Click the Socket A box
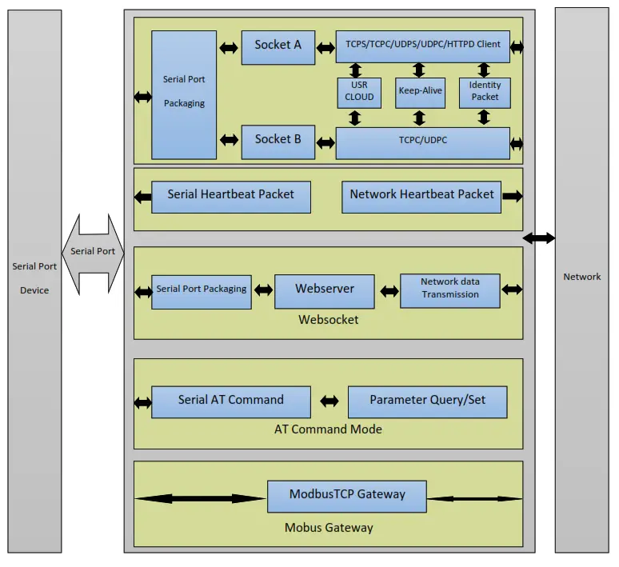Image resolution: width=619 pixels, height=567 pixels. [278, 46]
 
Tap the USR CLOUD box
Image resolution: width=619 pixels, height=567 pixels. [359, 92]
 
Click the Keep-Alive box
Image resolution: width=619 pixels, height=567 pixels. [421, 92]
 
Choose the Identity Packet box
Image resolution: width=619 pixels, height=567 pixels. [485, 92]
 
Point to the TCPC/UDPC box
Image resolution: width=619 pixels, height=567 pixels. [422, 142]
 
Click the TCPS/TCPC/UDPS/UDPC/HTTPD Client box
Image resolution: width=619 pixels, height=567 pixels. [422, 46]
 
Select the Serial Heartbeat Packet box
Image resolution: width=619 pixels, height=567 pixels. [230, 195]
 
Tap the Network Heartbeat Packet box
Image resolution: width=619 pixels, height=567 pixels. [421, 195]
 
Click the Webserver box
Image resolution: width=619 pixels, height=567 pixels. [324, 290]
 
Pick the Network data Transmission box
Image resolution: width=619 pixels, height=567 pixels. [449, 289]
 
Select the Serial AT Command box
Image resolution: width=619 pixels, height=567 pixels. [230, 401]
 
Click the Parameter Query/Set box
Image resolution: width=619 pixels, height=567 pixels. [427, 401]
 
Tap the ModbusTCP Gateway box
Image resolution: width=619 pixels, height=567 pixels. [346, 496]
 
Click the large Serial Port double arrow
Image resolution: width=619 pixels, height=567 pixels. [93, 252]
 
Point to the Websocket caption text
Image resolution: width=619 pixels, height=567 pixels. [328, 320]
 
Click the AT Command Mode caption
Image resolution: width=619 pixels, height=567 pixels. [328, 429]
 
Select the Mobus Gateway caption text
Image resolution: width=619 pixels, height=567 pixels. [328, 528]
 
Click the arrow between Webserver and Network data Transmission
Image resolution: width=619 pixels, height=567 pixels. [389, 291]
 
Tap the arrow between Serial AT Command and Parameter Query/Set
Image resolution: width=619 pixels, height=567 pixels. [329, 401]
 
